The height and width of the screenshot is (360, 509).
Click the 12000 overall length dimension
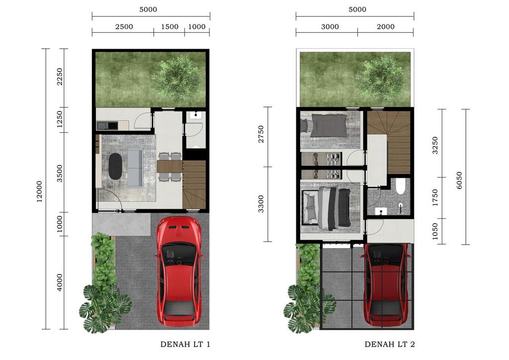tap(39, 189)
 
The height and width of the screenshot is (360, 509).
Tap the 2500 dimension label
tap(124, 27)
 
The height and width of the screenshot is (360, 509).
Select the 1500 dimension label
tap(170, 27)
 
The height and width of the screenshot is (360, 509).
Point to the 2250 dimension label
tap(60, 77)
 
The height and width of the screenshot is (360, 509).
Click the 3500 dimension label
tap(60, 174)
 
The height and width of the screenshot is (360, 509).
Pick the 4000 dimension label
tap(60, 282)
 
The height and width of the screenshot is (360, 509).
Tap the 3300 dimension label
tap(262, 204)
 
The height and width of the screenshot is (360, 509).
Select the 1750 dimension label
tap(436, 197)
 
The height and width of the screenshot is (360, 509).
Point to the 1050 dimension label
tap(436, 231)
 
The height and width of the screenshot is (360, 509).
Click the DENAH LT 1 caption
tap(185, 344)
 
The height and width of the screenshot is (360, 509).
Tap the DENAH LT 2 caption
tap(389, 344)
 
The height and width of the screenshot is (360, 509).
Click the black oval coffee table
tap(115, 167)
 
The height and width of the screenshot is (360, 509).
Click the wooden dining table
tap(169, 166)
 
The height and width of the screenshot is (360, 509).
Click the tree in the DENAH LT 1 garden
tap(176, 78)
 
